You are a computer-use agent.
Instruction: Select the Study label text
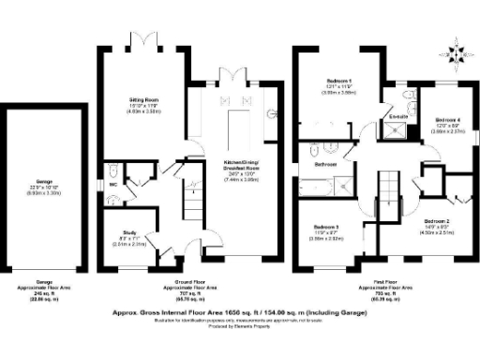coord(130,233)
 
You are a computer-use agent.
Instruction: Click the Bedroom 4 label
coord(448,121)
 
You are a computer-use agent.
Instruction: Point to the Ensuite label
coord(398,116)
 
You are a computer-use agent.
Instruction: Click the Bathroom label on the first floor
coord(325,164)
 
